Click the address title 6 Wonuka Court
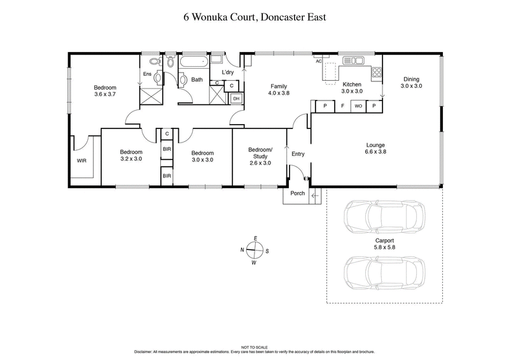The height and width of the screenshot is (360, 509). click(254, 17)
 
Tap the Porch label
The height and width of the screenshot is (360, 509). click(296, 193)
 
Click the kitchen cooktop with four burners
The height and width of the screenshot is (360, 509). click(377, 72)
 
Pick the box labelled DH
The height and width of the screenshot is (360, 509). click(235, 99)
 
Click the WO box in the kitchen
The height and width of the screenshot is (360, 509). click(358, 106)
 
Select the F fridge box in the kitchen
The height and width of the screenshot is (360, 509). click(342, 106)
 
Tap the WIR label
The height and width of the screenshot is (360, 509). click(81, 161)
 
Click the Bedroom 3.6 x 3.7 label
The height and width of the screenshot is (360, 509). click(106, 91)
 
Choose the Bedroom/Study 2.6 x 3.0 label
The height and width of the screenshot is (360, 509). click(260, 156)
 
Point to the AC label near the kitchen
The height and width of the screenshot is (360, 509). click(319, 62)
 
